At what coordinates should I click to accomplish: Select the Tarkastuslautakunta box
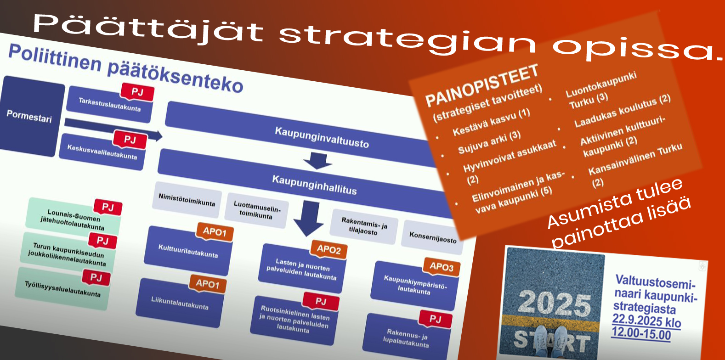pyautogui.click(x=109, y=105)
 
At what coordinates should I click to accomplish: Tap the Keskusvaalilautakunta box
pyautogui.click(x=102, y=152)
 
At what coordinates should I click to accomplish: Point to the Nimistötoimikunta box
pyautogui.click(x=187, y=200)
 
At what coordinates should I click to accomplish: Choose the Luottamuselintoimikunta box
pyautogui.click(x=256, y=211)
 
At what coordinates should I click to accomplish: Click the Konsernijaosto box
pyautogui.click(x=432, y=237)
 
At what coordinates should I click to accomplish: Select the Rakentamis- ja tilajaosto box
pyautogui.click(x=363, y=226)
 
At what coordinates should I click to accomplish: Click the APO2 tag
pyautogui.click(x=329, y=249)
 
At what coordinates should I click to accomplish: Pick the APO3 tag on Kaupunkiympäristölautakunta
pyautogui.click(x=442, y=267)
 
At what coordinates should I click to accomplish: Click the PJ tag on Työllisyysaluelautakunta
pyautogui.click(x=96, y=277)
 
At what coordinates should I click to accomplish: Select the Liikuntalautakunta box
pyautogui.click(x=180, y=303)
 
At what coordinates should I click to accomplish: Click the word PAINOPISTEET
pyautogui.click(x=482, y=85)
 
